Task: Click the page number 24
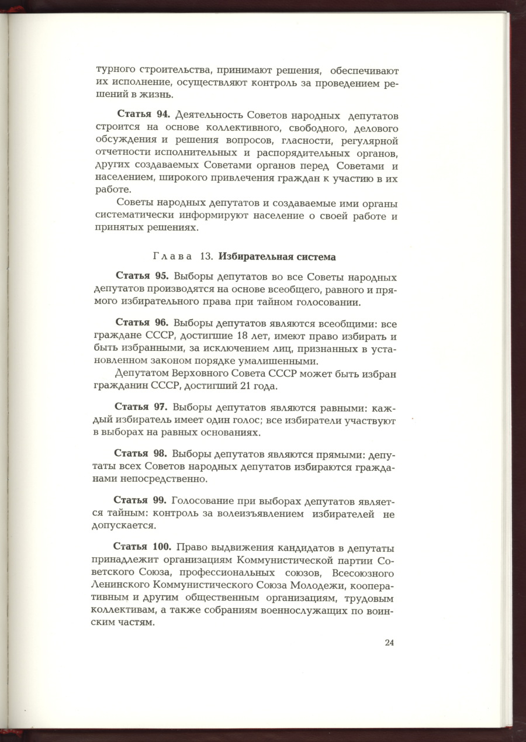[390, 643]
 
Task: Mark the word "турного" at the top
[116, 70]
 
